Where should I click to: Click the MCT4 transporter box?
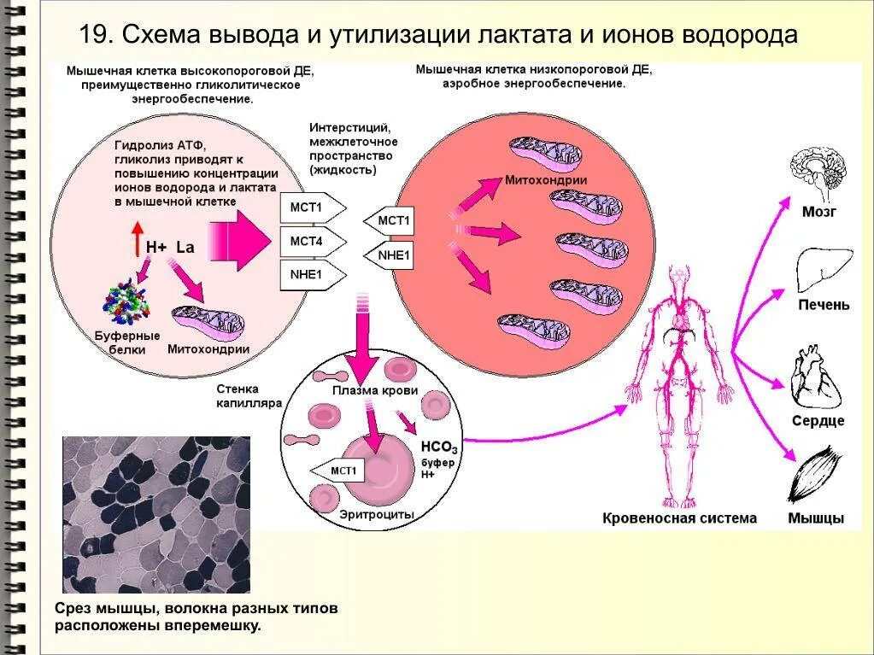(309, 242)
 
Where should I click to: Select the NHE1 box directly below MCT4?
(309, 275)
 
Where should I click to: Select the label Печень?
(823, 305)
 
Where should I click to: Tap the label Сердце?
(818, 420)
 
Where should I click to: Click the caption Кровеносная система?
(679, 518)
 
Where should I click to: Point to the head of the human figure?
(680, 278)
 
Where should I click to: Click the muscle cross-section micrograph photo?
(156, 515)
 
